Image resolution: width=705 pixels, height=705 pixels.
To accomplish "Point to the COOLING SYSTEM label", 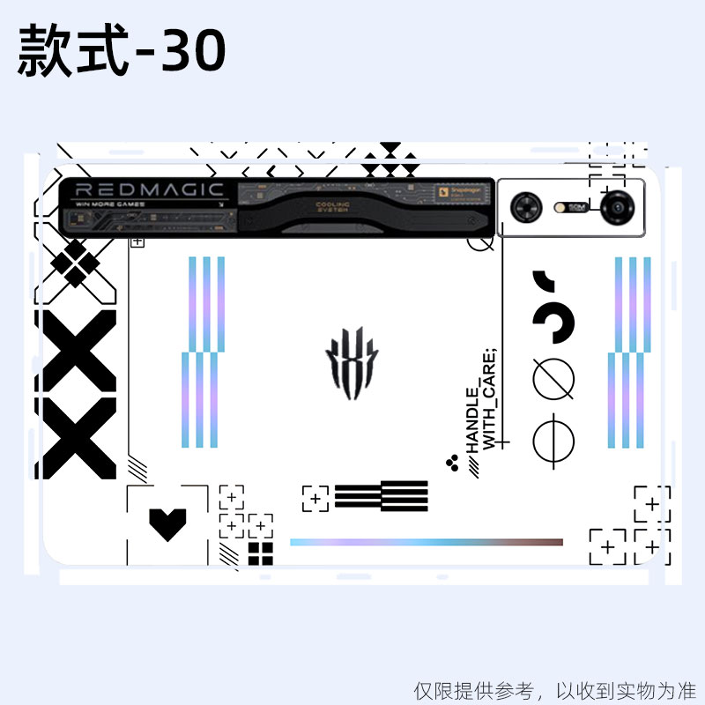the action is pos(332,207).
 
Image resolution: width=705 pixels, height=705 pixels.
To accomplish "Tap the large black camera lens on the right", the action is pos(615,208).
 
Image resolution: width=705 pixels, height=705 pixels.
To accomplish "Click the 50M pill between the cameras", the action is pos(575,208).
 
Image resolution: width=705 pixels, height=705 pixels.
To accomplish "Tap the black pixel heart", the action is pos(167,523).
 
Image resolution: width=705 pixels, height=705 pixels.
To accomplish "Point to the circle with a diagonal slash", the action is pos(553,379).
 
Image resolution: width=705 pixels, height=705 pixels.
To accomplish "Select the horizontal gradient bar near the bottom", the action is pos(427,542).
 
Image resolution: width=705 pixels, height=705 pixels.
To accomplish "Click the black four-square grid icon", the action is pos(260,553).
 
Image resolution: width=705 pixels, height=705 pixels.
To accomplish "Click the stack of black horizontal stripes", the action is pos(381,496).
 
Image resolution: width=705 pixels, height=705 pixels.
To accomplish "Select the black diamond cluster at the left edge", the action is pos(75,262).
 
